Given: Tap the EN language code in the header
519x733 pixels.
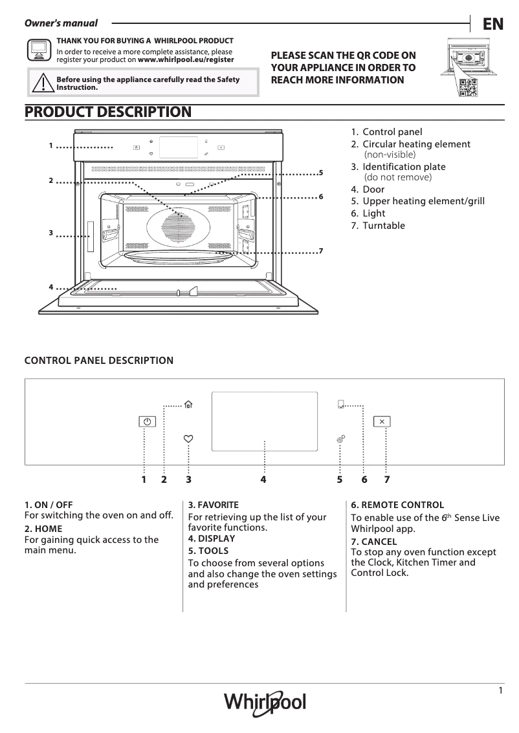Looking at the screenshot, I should (492, 24).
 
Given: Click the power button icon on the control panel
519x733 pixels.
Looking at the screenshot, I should (148, 421).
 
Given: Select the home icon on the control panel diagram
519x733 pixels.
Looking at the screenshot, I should (188, 405).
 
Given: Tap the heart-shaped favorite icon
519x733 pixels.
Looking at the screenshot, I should (188, 439).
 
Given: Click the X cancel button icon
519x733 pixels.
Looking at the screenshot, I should (382, 421).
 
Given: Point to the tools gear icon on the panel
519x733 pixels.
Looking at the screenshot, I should (340, 439).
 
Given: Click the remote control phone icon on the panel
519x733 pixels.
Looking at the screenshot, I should (340, 405).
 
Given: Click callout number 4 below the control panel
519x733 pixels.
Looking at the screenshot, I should (263, 480).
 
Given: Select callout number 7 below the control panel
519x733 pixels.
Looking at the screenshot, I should (386, 480).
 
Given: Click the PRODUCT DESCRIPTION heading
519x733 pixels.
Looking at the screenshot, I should (107, 112).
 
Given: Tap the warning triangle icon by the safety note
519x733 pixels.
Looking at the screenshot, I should (43, 83).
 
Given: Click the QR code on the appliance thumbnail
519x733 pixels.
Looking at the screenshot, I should (467, 87).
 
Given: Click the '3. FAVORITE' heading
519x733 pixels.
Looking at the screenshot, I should (214, 505).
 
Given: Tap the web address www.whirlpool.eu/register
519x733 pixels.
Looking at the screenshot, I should (186, 59).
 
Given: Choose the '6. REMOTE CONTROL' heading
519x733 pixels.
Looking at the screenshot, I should (397, 505).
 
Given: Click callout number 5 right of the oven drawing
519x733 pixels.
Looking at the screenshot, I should (320, 173).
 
